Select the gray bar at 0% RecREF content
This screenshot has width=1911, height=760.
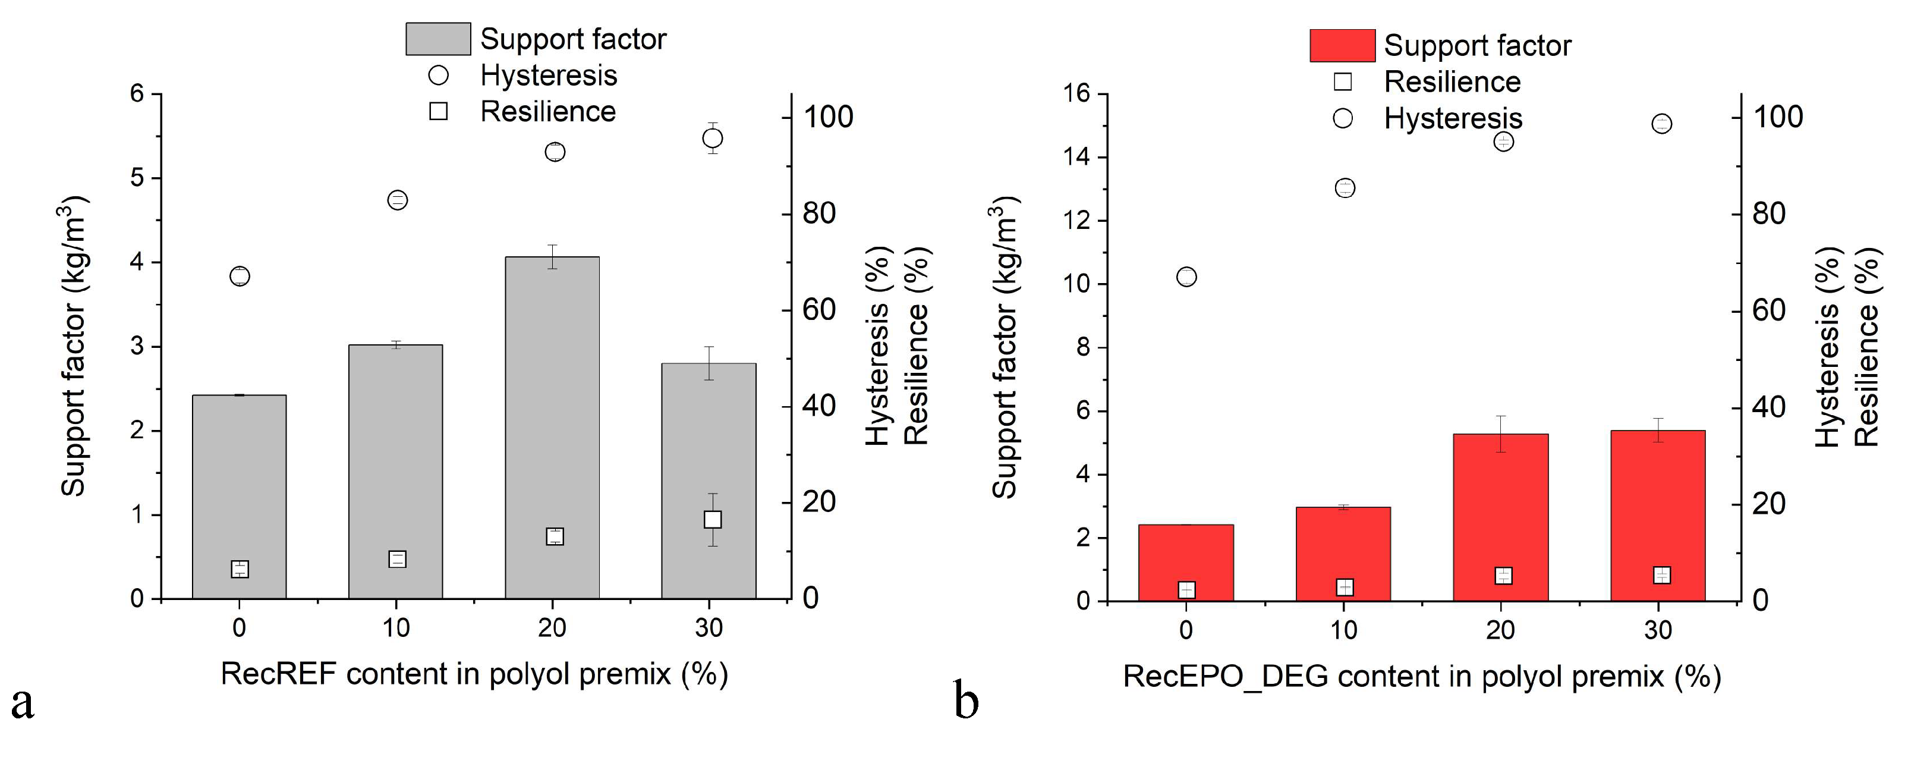point(239,497)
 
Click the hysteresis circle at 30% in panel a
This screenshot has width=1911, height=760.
point(712,138)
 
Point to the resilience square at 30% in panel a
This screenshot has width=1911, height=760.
point(712,520)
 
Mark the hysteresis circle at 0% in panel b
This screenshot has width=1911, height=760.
point(1186,277)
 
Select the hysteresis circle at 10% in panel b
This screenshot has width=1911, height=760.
point(1344,188)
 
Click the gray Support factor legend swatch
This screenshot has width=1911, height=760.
point(437,39)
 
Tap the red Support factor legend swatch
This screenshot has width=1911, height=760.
point(1342,45)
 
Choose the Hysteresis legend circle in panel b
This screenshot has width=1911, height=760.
point(1343,118)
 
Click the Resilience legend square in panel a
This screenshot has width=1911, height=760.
point(439,111)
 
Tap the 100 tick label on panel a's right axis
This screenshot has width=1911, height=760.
point(828,117)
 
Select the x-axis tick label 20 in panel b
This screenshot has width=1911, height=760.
point(1500,630)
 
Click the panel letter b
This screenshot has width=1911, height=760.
point(966,701)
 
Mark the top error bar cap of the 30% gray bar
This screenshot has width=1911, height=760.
point(709,347)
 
